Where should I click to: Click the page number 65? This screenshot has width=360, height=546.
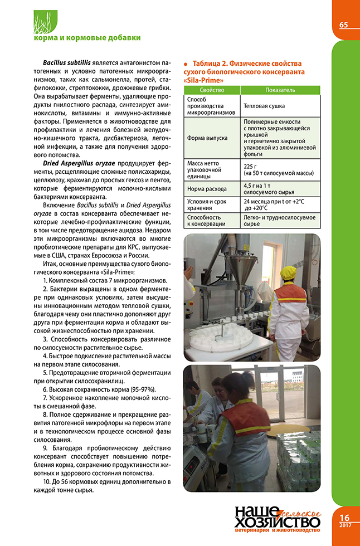point(344,25)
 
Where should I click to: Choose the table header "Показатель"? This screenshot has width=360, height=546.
point(280,90)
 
